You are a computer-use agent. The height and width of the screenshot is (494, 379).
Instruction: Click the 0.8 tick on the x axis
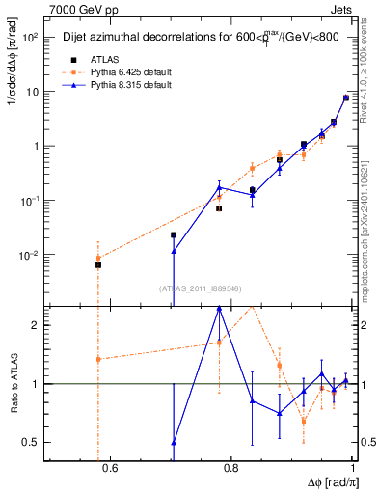(230, 470)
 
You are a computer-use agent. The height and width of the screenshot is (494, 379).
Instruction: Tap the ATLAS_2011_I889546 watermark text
(200, 288)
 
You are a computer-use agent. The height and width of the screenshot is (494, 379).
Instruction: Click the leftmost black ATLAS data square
(97, 265)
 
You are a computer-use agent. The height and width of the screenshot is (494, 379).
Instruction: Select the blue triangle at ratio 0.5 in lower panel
(174, 443)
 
